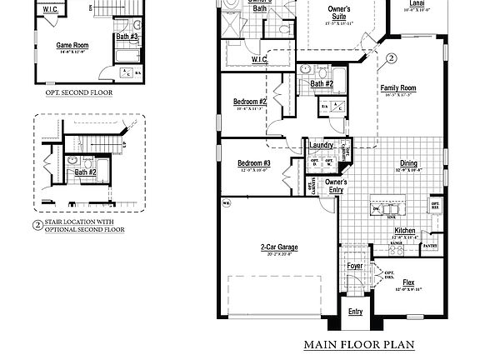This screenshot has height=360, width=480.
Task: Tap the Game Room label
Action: pos(72,45)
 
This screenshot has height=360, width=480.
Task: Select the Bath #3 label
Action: pos(127,37)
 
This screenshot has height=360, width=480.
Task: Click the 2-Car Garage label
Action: pos(278,247)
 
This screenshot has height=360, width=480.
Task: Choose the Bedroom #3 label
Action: pos(254,162)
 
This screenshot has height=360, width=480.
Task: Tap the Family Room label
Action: pos(398,88)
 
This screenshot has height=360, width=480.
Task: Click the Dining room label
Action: pos(408,164)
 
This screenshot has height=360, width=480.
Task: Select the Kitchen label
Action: pos(405,230)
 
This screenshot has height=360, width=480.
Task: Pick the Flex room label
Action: pos(408,282)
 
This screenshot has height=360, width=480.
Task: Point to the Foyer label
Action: pos(354,267)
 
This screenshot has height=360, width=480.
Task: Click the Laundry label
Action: pos(321,145)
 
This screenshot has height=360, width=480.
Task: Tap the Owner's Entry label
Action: pos(336,186)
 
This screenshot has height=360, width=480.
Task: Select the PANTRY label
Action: pos(430,247)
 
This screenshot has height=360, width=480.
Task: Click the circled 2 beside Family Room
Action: pos(392,59)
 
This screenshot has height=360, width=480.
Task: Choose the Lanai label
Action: pos(439,3)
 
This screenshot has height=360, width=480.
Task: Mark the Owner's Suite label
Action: pos(338,12)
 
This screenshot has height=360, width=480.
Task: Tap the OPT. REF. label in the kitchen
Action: pos(435,205)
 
